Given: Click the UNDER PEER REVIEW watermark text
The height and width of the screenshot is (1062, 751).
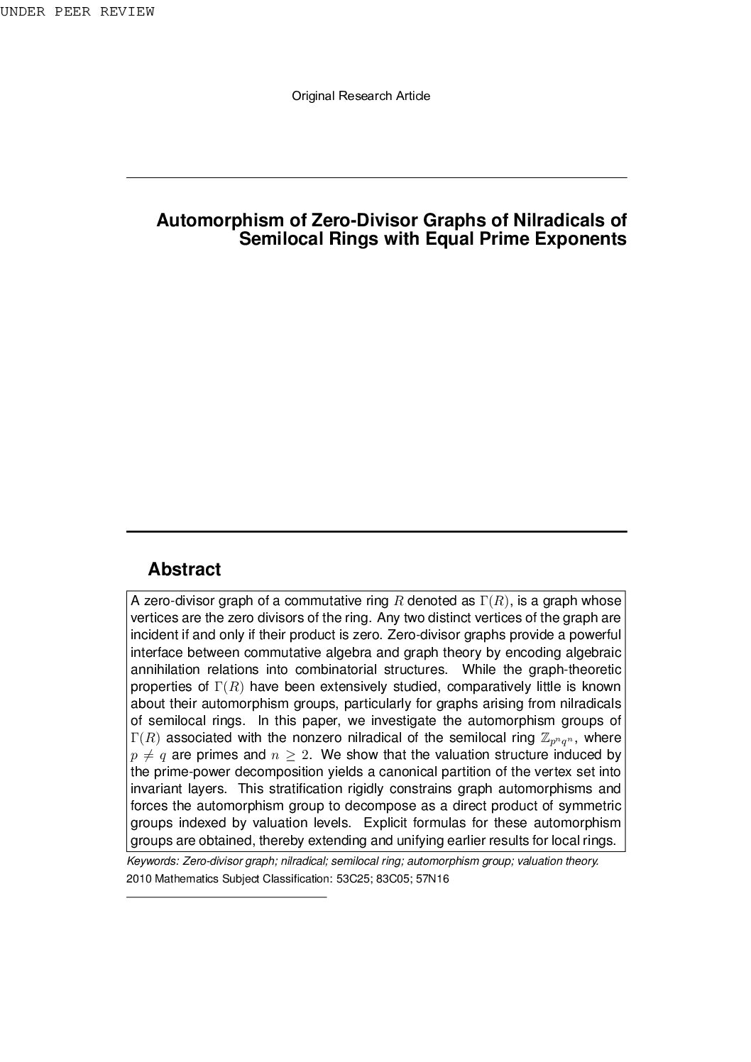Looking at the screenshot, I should (77, 12).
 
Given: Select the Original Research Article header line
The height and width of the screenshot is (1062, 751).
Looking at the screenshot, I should (361, 96).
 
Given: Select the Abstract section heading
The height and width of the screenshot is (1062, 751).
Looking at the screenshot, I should (184, 570).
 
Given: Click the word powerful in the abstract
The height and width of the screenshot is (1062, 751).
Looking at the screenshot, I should (595, 635).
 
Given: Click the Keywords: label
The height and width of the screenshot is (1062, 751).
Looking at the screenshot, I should (153, 861).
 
